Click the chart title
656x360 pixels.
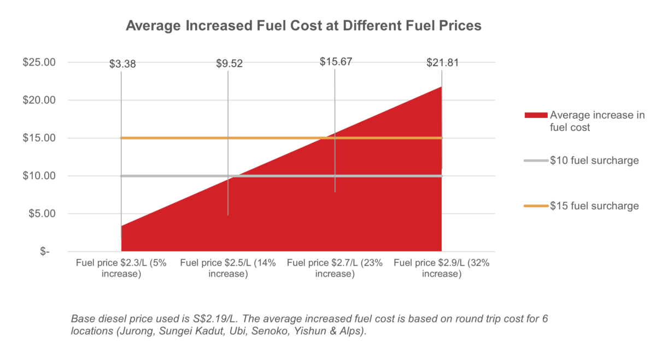point(303,26)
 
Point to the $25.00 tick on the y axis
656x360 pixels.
point(39,62)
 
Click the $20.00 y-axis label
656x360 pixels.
point(39,101)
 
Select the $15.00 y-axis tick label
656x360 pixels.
point(39,138)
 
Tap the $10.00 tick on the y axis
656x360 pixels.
point(39,176)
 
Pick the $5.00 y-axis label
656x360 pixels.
point(42,214)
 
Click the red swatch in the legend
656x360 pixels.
point(535,115)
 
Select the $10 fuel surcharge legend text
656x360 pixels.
point(594,161)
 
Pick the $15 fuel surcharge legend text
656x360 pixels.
point(594,206)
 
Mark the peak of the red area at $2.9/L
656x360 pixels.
point(441,86)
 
